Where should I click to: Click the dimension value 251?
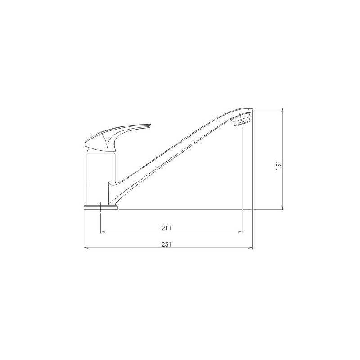point(166,244)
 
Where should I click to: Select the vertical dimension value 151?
point(279,165)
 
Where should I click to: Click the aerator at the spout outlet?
point(241,120)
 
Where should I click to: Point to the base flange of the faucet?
point(101,207)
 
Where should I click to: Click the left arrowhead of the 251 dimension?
point(85,248)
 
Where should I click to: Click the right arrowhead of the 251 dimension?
point(251,248)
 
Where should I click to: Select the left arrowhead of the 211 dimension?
point(103,232)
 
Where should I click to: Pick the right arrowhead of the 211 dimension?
point(241,232)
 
